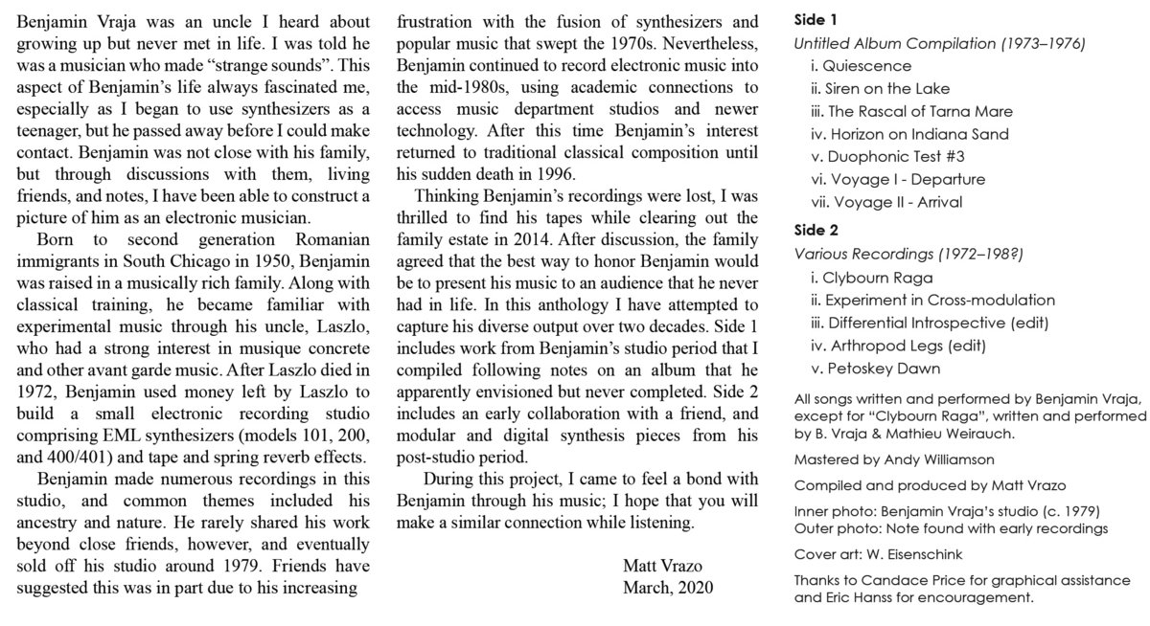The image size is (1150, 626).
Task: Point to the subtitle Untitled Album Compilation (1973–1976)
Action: (939, 43)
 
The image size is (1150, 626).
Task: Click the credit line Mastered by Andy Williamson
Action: (893, 460)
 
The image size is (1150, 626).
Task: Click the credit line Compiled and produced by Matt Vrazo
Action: (917, 484)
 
